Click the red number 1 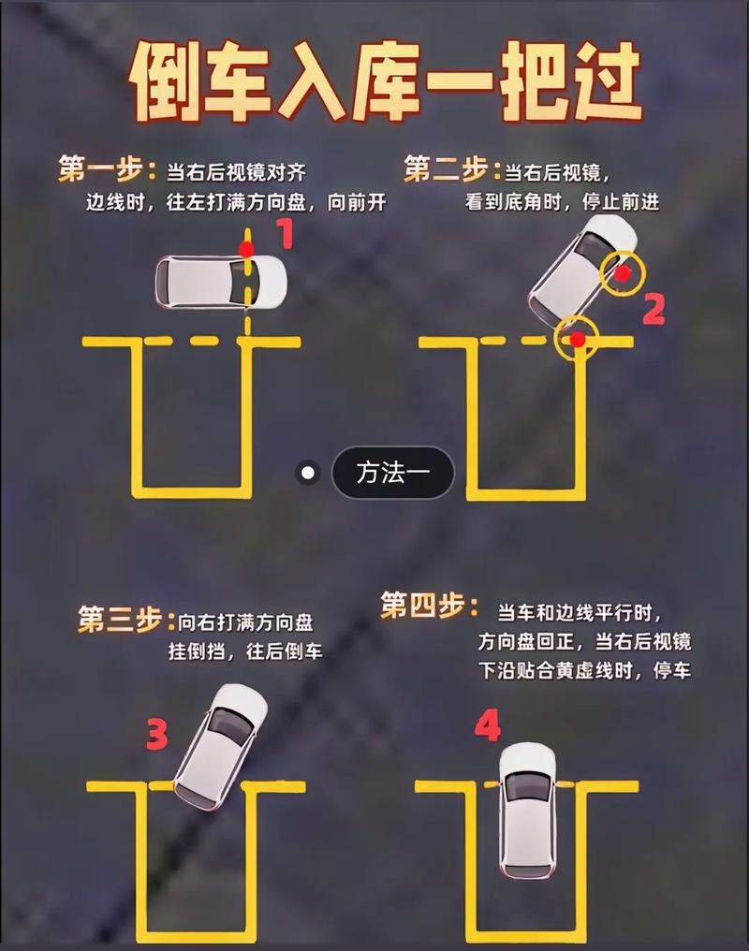click(x=285, y=234)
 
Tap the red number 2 click(x=654, y=308)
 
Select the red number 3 click(x=156, y=736)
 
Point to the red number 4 click(x=487, y=725)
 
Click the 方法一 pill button click(x=393, y=473)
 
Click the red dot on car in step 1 click(x=246, y=249)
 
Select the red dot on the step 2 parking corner click(x=579, y=339)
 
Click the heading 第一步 click(x=99, y=170)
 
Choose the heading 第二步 click(x=446, y=170)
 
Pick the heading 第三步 click(x=121, y=620)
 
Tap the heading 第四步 click(x=423, y=607)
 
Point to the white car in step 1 click(x=221, y=281)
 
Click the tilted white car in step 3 click(x=220, y=745)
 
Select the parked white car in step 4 click(x=527, y=810)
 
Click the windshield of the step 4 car click(x=527, y=787)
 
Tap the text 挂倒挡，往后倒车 click(x=246, y=652)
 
